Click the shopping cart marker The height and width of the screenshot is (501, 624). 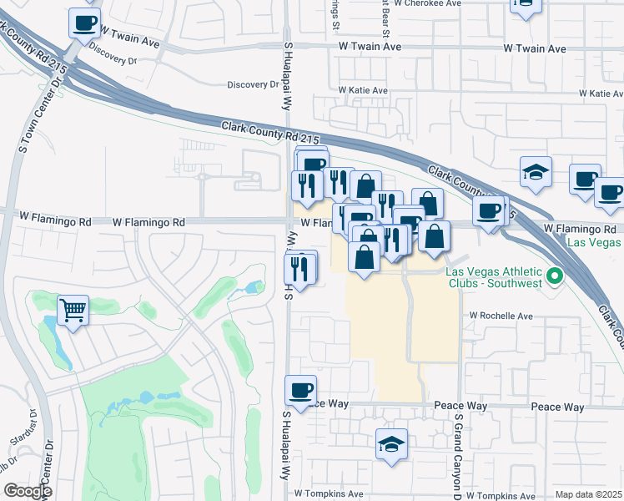[x=73, y=311]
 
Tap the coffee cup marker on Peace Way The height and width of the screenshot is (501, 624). [x=300, y=390]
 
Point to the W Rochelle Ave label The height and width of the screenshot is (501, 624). [x=501, y=316]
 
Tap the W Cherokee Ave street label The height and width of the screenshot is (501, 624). [x=427, y=3]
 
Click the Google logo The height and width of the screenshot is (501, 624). [x=28, y=491]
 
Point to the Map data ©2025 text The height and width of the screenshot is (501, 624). [x=587, y=494]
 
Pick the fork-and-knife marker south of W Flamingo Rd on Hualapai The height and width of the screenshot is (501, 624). [x=300, y=267]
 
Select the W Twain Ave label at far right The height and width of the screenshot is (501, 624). [x=535, y=48]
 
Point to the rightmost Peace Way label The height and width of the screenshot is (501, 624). [x=558, y=407]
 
